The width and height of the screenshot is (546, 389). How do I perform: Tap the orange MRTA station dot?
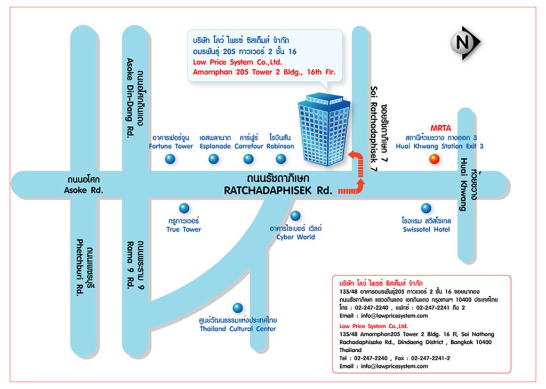434,159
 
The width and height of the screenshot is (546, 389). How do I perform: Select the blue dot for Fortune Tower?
170,158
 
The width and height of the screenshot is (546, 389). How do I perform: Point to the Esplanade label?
215,146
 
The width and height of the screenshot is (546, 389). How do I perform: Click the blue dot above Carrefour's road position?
248,158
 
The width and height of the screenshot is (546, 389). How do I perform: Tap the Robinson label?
281,146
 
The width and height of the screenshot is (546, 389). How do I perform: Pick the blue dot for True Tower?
184,208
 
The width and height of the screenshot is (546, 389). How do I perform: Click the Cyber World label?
295,237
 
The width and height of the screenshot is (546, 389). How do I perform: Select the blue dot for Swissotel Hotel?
426,208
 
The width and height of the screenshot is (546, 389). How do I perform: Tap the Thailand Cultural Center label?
238,329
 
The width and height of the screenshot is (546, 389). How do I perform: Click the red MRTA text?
441,128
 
